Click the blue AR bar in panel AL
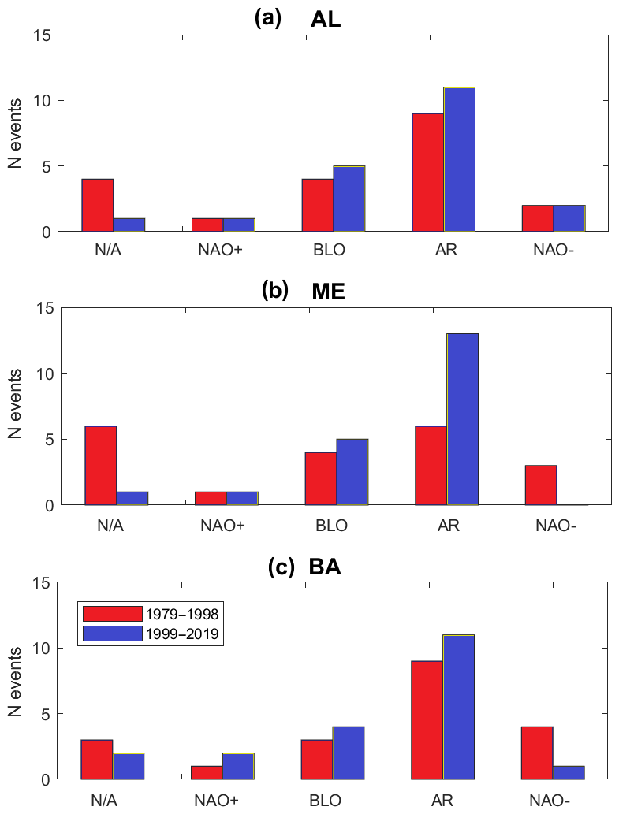459,160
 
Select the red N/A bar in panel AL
98,206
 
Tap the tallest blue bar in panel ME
462,418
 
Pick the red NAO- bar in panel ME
541,485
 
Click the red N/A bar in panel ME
101,465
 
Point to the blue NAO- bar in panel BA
568,772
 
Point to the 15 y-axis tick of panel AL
43,35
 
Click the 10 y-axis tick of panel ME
43,374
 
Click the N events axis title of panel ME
16,407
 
